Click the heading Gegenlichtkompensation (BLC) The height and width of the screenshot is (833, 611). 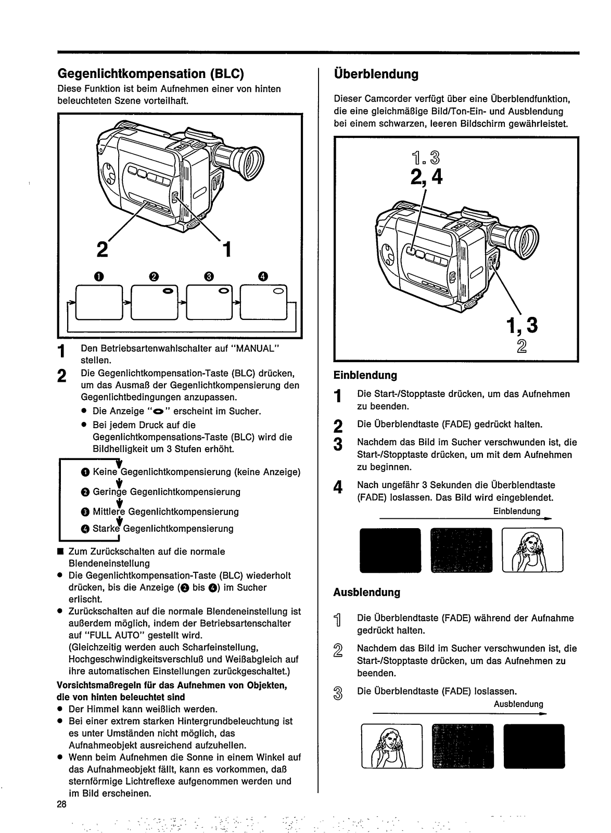point(150,74)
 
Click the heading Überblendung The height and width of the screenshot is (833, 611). point(376,74)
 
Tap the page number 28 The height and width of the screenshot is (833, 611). point(62,804)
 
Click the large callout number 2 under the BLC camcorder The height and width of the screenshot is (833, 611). point(103,249)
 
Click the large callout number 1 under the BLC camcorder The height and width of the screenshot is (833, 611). point(227,249)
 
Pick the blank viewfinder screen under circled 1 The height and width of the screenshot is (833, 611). point(99,302)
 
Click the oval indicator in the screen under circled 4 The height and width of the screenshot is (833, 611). point(278,291)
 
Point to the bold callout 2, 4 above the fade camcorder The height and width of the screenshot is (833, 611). point(426,177)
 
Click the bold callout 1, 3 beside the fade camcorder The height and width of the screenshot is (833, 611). point(522,325)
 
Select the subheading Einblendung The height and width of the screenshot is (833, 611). point(365,375)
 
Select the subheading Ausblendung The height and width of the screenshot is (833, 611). point(367,593)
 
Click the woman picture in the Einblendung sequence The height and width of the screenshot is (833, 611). point(532,550)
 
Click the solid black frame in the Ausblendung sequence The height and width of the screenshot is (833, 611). point(534,746)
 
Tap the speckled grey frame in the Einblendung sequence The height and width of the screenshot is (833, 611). point(461,550)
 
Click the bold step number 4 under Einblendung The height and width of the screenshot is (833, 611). point(338,487)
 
